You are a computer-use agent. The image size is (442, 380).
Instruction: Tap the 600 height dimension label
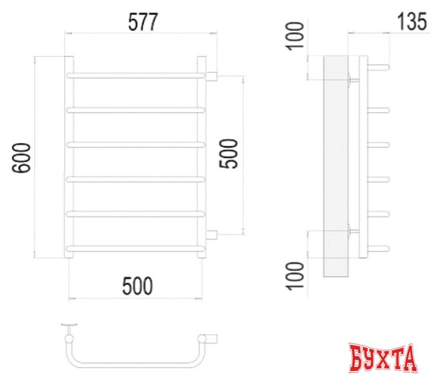coord(22,158)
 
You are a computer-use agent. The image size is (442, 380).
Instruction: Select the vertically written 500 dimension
coord(229,154)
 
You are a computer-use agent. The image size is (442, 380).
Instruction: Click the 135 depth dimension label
coord(411,22)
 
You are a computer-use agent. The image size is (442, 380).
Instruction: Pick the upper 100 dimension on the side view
coord(297,36)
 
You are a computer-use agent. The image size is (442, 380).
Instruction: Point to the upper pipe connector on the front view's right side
coord(212,75)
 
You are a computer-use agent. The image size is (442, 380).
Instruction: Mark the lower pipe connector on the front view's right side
coord(212,234)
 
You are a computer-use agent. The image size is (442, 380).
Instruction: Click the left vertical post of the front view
coord(69,157)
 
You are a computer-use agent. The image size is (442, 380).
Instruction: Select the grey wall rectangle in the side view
coord(339,166)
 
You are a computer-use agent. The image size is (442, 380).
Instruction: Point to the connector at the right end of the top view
coord(211,338)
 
